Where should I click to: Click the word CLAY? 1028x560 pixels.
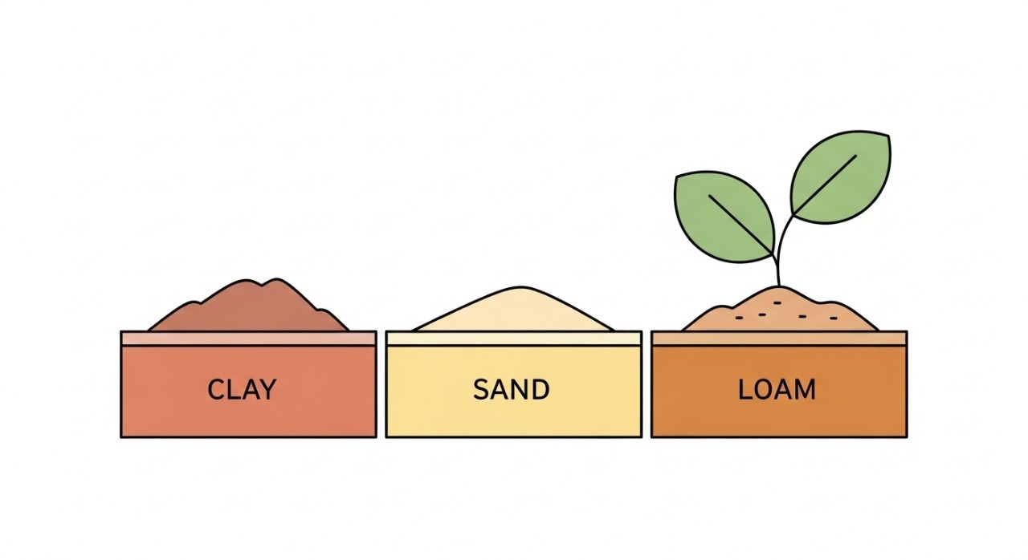(241, 390)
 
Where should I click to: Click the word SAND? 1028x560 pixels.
(511, 390)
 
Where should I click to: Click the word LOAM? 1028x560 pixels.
(777, 390)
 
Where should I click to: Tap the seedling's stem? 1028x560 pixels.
(778, 257)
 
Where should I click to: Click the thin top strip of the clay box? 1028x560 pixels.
(248, 339)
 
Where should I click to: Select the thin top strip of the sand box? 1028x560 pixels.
(513, 339)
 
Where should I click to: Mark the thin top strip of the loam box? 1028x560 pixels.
(778, 339)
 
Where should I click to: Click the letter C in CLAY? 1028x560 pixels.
(216, 390)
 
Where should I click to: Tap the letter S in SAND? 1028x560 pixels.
(481, 390)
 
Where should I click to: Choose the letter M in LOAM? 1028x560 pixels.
(804, 390)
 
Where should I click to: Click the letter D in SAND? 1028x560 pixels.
(540, 390)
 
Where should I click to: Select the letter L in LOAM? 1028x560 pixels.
(744, 390)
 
